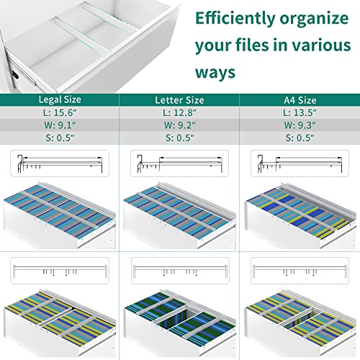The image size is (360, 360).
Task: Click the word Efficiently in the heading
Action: pos(235,19)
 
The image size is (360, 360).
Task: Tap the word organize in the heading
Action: pos(314,19)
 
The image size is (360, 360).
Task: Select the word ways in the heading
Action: pos(215,73)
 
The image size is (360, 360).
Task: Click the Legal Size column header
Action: pos(60,99)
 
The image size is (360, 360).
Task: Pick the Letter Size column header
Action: pos(179,100)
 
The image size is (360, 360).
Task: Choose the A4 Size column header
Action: pos(300,100)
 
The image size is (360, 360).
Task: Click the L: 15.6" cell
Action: pos(60,112)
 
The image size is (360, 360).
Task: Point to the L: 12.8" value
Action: pos(179,112)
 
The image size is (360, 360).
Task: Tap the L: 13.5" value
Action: pos(300,112)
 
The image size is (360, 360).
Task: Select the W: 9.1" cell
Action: pos(60,125)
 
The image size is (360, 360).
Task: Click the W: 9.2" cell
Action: pos(179,125)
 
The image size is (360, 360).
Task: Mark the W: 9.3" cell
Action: pos(300,125)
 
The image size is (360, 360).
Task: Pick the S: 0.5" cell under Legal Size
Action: pos(60,138)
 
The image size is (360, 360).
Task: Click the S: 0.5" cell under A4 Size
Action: pos(300,138)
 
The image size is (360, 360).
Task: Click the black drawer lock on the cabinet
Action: pos(15,75)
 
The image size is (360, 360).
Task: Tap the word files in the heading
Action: pos(252,45)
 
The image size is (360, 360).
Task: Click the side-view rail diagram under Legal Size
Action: pos(60,163)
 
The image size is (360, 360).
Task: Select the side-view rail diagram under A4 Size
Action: pos(300,163)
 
